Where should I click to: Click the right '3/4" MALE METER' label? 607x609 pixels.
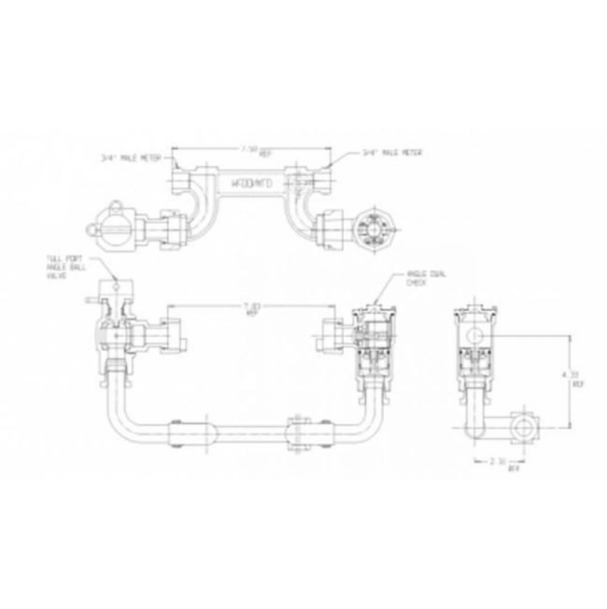point(392,153)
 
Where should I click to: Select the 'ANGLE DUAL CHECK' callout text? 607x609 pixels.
point(426,278)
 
